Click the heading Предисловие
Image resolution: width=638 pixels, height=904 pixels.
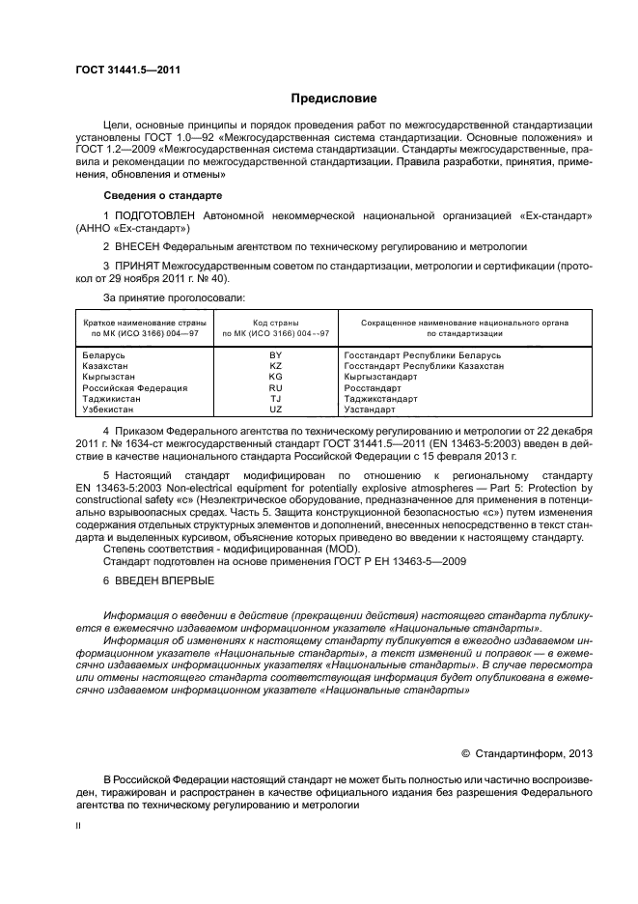click(335, 99)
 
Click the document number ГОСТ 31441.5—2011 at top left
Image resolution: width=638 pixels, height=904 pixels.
click(128, 70)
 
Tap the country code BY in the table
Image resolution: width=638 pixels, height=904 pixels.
click(275, 355)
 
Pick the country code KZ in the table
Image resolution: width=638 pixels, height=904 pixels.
click(275, 366)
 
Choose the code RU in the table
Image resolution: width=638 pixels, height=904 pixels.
click(275, 387)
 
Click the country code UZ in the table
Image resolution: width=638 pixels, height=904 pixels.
click(275, 409)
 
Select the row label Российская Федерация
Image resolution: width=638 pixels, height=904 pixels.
click(135, 387)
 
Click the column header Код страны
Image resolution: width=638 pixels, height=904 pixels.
click(276, 323)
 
